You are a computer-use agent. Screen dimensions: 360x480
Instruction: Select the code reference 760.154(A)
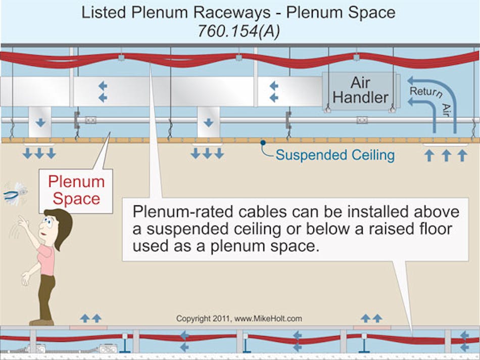[x=239, y=32]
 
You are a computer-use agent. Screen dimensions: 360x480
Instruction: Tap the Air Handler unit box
[x=360, y=91]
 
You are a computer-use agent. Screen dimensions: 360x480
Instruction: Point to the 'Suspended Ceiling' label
[x=334, y=155]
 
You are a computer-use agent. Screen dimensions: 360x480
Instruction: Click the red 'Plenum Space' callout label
[x=76, y=191]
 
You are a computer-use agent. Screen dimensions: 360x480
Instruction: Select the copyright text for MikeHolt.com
[x=239, y=319]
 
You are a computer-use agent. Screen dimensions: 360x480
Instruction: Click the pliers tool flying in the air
[x=15, y=194]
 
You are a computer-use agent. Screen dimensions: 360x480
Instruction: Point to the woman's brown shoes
[x=41, y=322]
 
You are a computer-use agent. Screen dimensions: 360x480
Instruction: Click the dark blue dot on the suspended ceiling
[x=263, y=143]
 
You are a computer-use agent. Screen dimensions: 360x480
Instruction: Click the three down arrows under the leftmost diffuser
[x=39, y=154]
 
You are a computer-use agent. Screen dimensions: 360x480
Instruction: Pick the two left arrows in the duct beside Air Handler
[x=273, y=92]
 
